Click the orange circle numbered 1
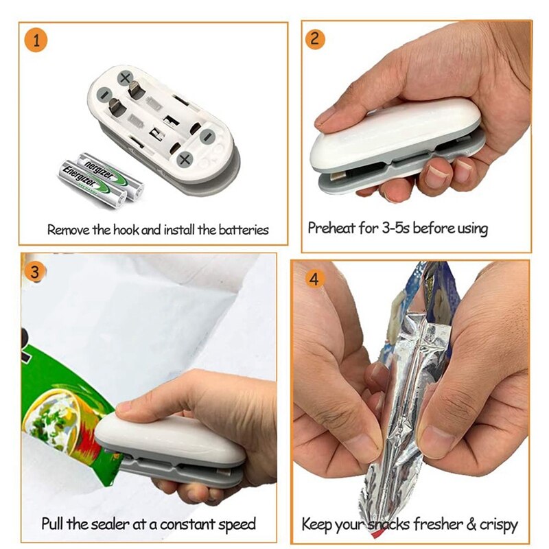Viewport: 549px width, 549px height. [x=36, y=40]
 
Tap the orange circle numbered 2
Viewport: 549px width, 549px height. [x=315, y=38]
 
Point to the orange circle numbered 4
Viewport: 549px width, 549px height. [x=314, y=279]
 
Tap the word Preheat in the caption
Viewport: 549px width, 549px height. [x=333, y=228]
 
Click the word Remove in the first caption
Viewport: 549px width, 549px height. [x=68, y=230]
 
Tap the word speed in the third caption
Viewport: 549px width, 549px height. [x=237, y=525]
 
